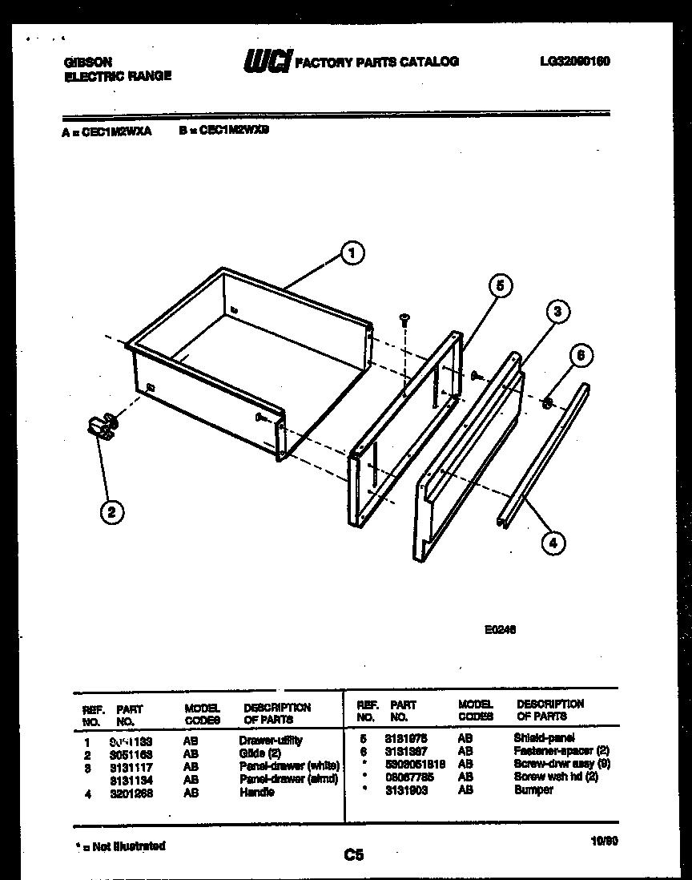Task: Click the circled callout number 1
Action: click(x=349, y=254)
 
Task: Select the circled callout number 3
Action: click(x=558, y=312)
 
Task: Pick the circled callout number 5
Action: click(x=499, y=285)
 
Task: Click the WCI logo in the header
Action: click(x=268, y=62)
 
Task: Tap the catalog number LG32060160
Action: click(x=574, y=61)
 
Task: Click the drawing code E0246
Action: click(x=500, y=630)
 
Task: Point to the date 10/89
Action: click(x=604, y=841)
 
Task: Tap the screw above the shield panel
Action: click(x=404, y=319)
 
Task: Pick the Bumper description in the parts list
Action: click(x=533, y=790)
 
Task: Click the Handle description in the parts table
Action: click(x=256, y=793)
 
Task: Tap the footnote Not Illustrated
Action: click(x=121, y=846)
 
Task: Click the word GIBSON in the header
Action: click(x=87, y=62)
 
